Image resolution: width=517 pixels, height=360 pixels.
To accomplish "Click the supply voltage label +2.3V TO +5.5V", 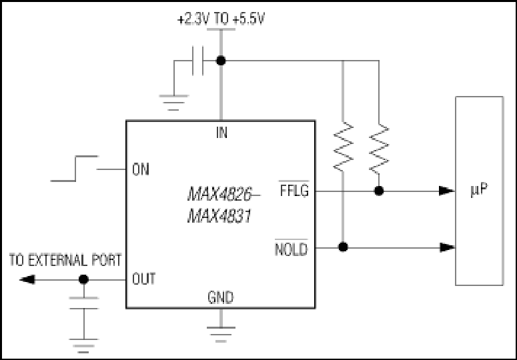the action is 221,19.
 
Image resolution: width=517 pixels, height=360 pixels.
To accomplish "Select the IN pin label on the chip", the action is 221,133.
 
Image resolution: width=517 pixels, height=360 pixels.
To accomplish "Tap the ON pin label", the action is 141,169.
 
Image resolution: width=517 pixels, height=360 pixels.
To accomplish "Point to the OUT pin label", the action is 143,279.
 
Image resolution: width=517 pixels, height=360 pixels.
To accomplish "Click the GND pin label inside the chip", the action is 221,297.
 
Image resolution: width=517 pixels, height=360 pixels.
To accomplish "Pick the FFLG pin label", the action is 294,191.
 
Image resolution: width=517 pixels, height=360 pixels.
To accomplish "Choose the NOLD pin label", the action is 291,249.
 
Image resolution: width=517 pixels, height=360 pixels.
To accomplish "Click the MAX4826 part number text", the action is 220,194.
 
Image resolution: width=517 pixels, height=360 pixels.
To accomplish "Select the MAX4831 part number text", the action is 219,217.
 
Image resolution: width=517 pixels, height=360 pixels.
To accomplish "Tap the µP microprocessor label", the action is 479,189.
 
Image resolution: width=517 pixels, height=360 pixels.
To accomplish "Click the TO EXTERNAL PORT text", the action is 65,260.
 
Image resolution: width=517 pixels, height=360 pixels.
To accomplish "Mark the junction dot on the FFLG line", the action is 379,191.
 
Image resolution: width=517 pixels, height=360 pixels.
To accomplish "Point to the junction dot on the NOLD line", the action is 343,247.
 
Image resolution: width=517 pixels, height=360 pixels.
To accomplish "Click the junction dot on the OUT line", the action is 84,279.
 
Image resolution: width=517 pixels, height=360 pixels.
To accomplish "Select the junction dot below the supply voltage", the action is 221,61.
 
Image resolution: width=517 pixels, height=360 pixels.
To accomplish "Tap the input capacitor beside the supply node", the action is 197,61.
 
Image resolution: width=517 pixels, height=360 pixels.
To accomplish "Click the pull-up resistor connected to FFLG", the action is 379,149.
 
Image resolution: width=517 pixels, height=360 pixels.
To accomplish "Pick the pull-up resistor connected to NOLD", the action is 344,147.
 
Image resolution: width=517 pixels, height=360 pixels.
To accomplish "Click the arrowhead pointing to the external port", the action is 27,279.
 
